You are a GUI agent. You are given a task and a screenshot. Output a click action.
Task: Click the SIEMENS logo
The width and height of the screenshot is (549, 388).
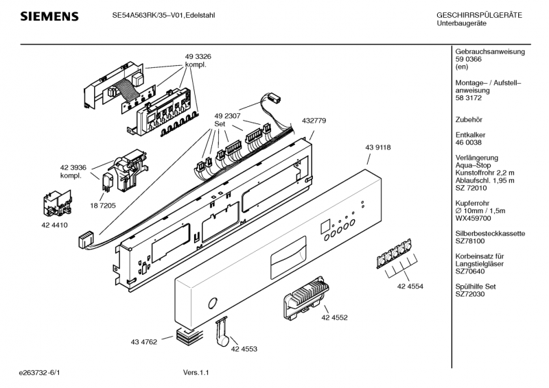[x=49, y=16]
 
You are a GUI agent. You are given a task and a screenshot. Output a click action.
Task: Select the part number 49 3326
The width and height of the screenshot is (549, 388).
[x=198, y=57]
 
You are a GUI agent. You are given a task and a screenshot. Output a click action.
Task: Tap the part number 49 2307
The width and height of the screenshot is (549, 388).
[x=227, y=116]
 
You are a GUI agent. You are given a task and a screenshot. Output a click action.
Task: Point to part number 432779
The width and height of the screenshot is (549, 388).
[x=314, y=121]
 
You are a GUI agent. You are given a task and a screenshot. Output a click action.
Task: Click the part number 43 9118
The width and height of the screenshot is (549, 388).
[x=378, y=147]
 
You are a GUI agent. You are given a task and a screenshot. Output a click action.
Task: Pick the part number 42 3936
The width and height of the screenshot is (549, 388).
[x=73, y=168]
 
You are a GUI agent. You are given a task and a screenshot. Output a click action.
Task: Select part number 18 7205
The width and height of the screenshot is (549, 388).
[x=102, y=206]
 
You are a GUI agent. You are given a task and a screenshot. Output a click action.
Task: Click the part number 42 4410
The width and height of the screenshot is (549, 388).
[x=54, y=226]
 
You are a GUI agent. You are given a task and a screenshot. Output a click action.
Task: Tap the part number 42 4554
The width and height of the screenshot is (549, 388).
[x=410, y=287]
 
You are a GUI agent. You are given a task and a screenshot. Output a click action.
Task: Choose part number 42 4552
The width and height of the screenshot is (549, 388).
[x=334, y=317]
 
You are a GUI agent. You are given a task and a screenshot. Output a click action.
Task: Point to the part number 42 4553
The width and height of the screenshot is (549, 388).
[x=244, y=349]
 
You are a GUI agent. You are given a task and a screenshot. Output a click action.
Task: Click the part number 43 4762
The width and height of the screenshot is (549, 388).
[x=144, y=342]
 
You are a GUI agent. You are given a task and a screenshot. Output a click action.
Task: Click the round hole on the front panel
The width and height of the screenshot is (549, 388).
[x=213, y=303]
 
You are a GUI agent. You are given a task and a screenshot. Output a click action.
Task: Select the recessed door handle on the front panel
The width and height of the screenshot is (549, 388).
[x=288, y=258]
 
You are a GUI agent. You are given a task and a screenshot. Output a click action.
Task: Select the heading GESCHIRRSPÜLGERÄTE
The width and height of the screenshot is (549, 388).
[x=479, y=15]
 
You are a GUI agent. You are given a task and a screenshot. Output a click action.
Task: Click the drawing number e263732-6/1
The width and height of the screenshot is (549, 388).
[x=40, y=373]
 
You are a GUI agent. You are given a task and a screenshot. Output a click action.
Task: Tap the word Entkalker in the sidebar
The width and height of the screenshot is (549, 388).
[x=470, y=135]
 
